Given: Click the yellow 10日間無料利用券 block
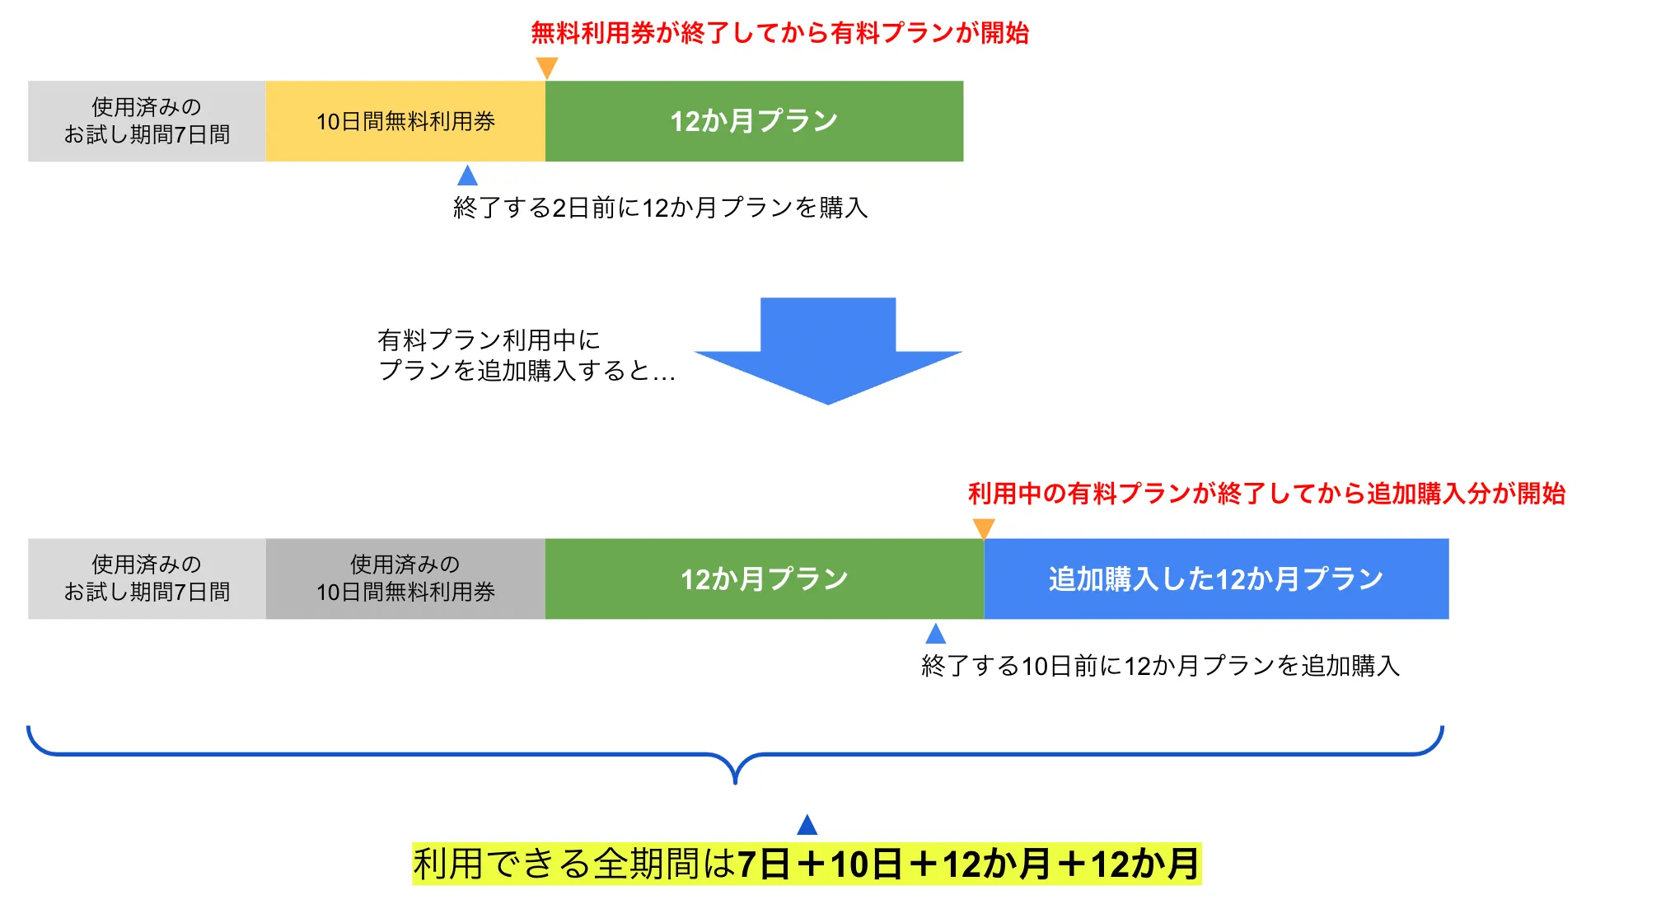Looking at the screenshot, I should (405, 121).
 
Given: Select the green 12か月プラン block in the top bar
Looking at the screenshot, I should (754, 121).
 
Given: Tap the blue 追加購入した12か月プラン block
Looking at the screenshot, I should (1216, 579).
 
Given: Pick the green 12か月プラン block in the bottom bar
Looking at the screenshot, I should (764, 579).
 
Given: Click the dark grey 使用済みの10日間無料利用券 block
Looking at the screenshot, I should (405, 579).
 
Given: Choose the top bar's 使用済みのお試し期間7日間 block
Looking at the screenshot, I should (147, 121).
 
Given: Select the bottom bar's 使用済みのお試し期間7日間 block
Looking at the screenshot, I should (147, 579).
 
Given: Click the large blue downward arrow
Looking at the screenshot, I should (828, 350).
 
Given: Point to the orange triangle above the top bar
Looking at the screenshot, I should (547, 67).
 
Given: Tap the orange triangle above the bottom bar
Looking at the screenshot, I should (984, 527).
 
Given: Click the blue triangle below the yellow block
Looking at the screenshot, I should (467, 176).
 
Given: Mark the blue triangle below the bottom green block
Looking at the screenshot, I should (935, 634).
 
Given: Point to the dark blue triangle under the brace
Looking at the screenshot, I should (807, 825).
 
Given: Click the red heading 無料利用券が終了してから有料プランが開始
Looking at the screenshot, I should (779, 33).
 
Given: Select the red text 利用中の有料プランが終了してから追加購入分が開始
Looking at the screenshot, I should (1266, 494).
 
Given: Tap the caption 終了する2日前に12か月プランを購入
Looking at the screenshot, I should (660, 208).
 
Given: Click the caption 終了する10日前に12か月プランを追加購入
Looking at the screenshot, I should (1160, 666).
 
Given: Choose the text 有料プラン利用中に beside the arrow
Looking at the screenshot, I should (489, 340).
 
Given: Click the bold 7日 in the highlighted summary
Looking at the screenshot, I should (764, 864).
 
